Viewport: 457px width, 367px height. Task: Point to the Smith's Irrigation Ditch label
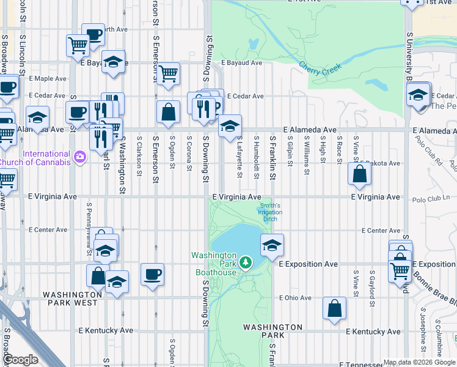270,212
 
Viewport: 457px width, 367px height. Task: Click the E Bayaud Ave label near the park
241,62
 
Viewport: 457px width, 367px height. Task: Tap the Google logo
20,360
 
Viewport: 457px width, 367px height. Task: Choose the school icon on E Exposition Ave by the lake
272,246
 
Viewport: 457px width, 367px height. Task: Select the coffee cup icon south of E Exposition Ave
152,274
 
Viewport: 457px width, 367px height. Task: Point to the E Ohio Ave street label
295,298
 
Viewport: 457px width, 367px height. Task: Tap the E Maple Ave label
48,79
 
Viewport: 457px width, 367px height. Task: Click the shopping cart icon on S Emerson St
168,74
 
